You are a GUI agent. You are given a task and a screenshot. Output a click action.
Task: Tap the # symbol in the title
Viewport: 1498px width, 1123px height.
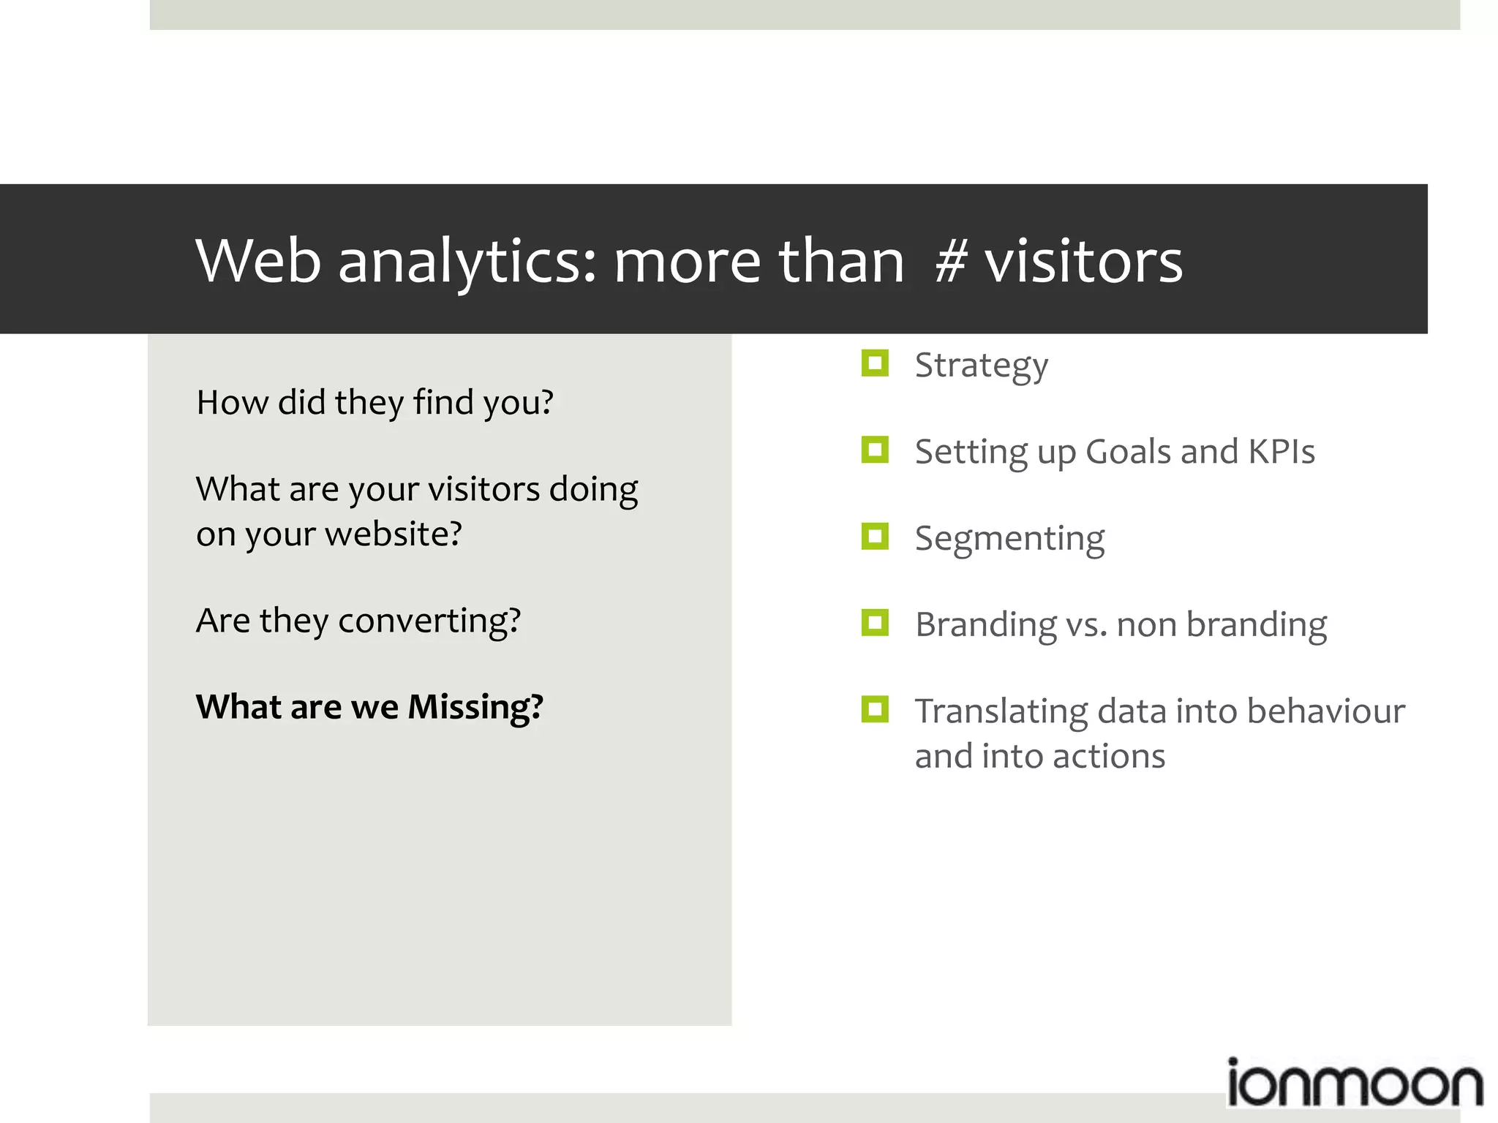951,262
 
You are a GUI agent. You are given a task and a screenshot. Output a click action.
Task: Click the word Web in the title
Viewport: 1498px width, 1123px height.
258,260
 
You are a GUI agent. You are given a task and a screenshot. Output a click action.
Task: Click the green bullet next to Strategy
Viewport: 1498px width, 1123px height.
875,363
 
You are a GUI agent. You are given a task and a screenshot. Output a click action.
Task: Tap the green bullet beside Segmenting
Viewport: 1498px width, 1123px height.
875,536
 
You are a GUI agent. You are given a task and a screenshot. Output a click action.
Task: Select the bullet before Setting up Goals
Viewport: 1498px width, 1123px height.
875,450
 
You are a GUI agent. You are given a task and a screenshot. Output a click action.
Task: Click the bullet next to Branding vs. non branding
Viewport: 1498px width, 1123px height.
875,623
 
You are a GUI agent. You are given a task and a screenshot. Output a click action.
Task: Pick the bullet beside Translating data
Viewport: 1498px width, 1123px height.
875,709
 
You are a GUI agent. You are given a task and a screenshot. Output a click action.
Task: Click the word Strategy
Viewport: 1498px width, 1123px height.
981,366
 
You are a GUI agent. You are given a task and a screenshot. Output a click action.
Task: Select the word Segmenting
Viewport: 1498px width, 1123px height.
1009,540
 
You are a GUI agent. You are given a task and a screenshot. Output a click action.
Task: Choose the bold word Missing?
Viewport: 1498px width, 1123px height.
475,708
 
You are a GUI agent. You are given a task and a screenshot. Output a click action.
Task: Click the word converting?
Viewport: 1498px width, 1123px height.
429,621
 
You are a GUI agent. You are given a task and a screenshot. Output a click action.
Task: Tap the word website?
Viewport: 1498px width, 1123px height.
394,534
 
